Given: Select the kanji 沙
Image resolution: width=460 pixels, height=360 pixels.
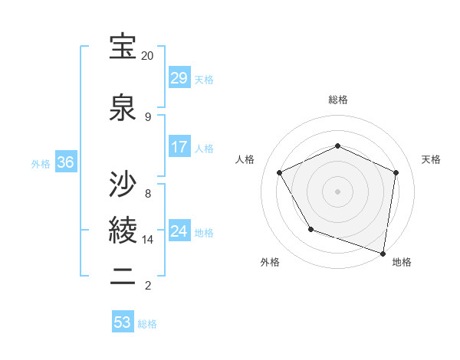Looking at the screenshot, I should point(123,185).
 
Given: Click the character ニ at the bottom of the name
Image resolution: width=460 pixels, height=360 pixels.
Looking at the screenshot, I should point(123,277).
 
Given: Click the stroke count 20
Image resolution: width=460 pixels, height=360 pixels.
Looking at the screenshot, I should point(147,56).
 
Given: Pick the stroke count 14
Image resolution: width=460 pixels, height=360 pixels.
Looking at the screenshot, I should point(148,240).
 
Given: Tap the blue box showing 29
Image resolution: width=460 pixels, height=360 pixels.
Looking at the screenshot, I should point(179,78).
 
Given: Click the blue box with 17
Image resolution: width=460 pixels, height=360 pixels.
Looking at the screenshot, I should point(179,147).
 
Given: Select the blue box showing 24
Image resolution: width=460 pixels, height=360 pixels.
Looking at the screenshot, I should point(179,231).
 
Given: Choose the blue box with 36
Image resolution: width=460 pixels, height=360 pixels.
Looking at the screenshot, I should point(65,162).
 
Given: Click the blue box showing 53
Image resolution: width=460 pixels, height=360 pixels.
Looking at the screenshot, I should point(123,322).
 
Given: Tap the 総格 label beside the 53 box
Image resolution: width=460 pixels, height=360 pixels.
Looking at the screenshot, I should point(148,324).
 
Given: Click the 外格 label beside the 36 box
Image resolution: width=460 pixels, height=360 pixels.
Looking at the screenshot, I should point(41,163).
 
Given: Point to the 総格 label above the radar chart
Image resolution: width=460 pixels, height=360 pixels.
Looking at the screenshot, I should point(338,100).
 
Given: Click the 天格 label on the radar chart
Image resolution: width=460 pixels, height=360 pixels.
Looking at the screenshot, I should point(431,159).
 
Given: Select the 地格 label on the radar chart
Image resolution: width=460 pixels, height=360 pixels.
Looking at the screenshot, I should point(402,262).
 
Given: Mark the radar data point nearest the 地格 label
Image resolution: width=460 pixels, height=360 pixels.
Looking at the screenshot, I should point(383,253).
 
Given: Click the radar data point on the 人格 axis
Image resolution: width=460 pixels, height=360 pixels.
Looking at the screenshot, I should point(280,172).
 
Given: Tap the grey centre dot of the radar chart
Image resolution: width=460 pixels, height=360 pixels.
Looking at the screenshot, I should point(337,191).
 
